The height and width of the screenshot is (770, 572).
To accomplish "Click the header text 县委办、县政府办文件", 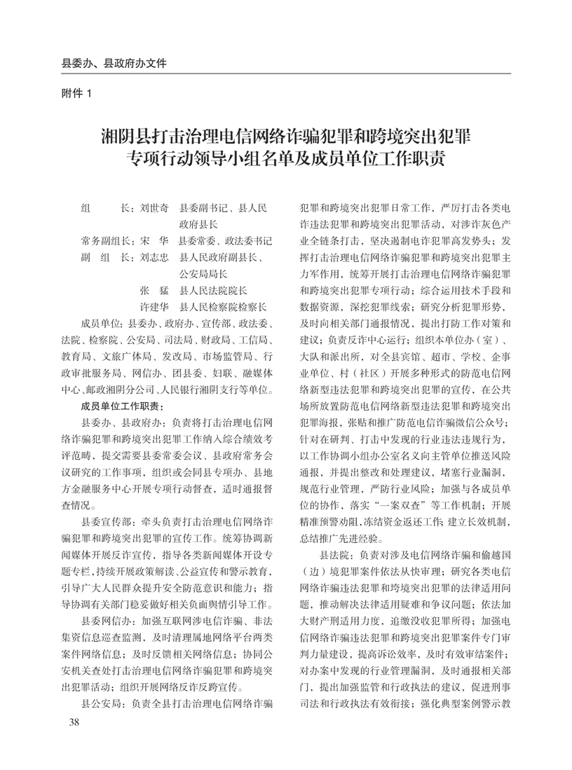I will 114,62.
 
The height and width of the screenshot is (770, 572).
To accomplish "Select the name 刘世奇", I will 154,209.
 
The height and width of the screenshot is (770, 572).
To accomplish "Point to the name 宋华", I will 154,240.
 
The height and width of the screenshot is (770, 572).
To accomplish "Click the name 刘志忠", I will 154,257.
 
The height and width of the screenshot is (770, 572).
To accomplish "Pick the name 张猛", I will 154,290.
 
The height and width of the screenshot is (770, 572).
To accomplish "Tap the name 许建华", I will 154,307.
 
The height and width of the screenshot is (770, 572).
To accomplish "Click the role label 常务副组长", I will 104,240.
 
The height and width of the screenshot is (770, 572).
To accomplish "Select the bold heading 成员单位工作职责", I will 122,406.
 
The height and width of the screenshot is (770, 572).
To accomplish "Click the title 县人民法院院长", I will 214,290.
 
